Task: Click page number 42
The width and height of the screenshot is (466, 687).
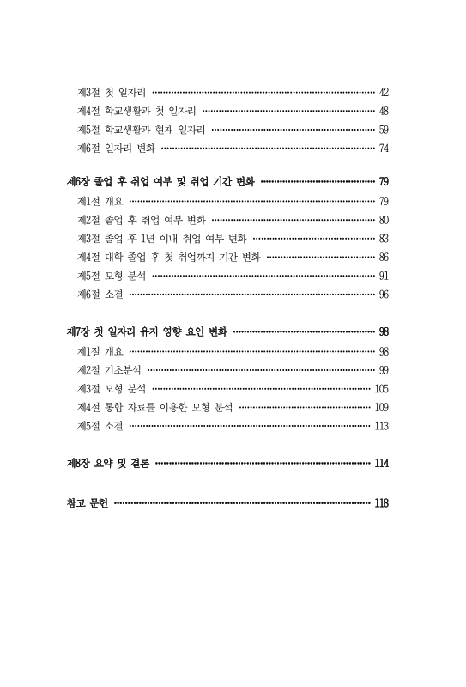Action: (x=384, y=92)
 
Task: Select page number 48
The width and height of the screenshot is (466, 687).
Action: (x=384, y=111)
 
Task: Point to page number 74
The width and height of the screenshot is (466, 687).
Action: (x=384, y=149)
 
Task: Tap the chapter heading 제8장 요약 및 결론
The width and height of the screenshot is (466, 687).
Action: (x=108, y=464)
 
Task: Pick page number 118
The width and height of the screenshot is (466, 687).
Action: (x=381, y=502)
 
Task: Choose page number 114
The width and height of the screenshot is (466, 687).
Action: (x=381, y=464)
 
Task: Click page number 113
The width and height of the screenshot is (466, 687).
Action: (x=382, y=426)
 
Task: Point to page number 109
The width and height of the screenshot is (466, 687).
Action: (x=382, y=407)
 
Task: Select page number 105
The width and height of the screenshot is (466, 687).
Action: (x=382, y=388)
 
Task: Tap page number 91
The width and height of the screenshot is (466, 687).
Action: (x=384, y=276)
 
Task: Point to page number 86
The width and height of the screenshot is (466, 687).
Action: (x=384, y=257)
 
